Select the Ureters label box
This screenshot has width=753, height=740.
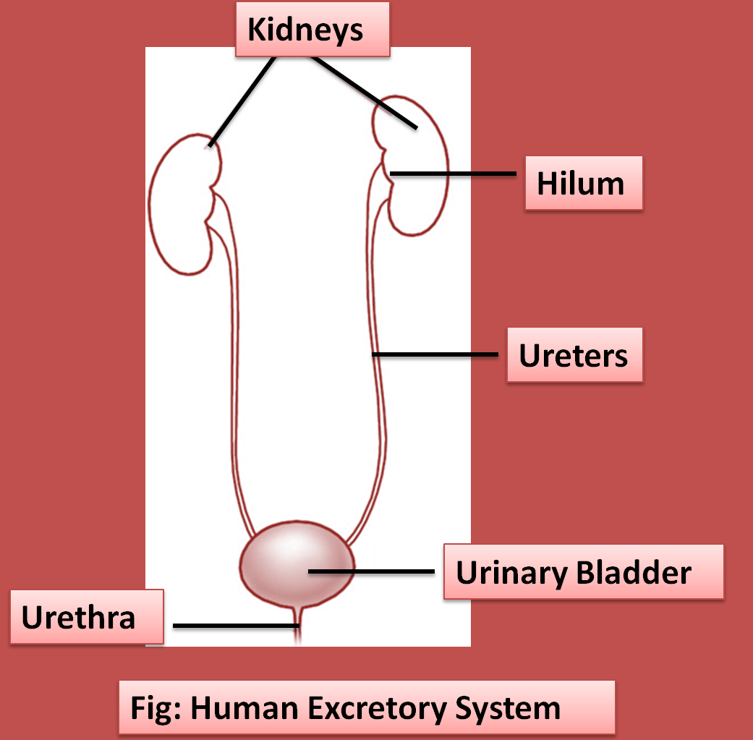pos(574,356)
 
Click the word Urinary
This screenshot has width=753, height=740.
pos(511,573)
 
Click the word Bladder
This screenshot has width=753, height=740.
pos(634,573)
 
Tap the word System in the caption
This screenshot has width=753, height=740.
pos(508,707)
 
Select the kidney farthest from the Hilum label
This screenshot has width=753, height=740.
pos(179,210)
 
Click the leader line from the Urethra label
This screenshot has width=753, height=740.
pos(231,625)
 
